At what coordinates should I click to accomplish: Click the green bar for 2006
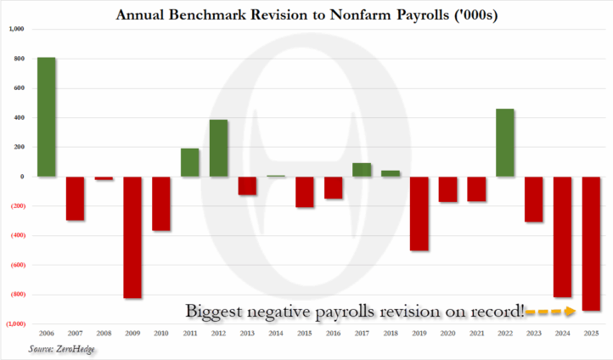(47, 117)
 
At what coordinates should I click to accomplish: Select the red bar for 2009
(132, 237)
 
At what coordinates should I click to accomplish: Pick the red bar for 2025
(592, 244)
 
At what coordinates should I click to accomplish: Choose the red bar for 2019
(419, 213)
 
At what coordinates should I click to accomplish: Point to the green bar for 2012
(219, 148)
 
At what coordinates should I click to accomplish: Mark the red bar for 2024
(563, 237)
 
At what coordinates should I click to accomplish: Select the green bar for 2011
(190, 162)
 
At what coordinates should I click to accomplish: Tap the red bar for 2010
(161, 204)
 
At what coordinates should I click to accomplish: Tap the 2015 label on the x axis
(305, 333)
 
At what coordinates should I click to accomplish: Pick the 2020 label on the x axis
(448, 333)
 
